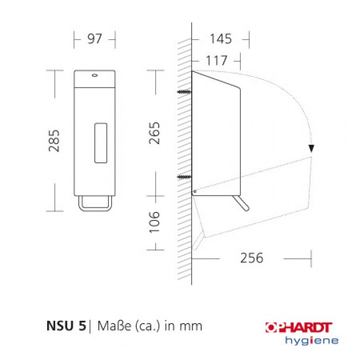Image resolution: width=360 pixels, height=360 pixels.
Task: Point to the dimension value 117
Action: click(x=217, y=60)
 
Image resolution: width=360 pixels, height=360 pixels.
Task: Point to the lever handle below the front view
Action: click(x=94, y=206)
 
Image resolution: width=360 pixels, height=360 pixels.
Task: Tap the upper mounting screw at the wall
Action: click(x=184, y=93)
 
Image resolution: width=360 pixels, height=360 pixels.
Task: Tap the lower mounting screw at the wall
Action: click(x=184, y=177)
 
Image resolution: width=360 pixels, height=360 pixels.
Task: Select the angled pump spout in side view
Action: click(x=243, y=204)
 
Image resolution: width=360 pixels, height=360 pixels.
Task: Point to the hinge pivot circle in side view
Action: click(x=194, y=191)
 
